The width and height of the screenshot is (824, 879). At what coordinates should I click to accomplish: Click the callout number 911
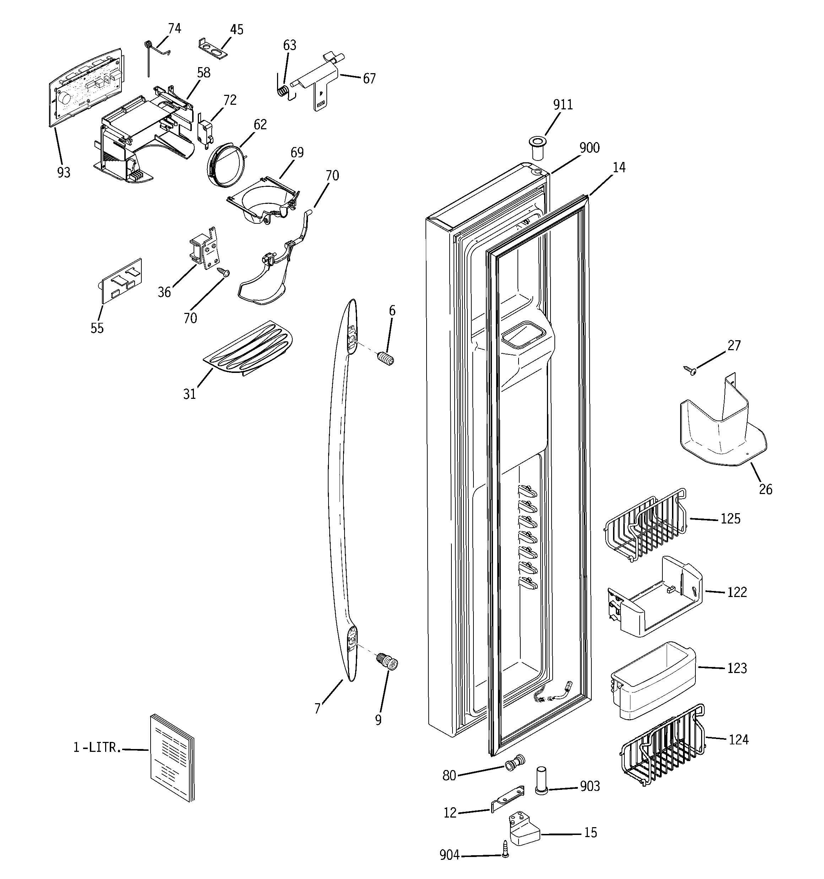(x=563, y=105)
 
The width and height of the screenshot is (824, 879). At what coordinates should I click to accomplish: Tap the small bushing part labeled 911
(x=537, y=150)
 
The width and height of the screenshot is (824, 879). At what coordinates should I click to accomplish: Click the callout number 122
(x=737, y=592)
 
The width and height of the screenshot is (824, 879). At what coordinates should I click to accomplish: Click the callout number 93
(x=64, y=173)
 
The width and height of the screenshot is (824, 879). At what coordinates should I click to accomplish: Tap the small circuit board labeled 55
(x=120, y=282)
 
